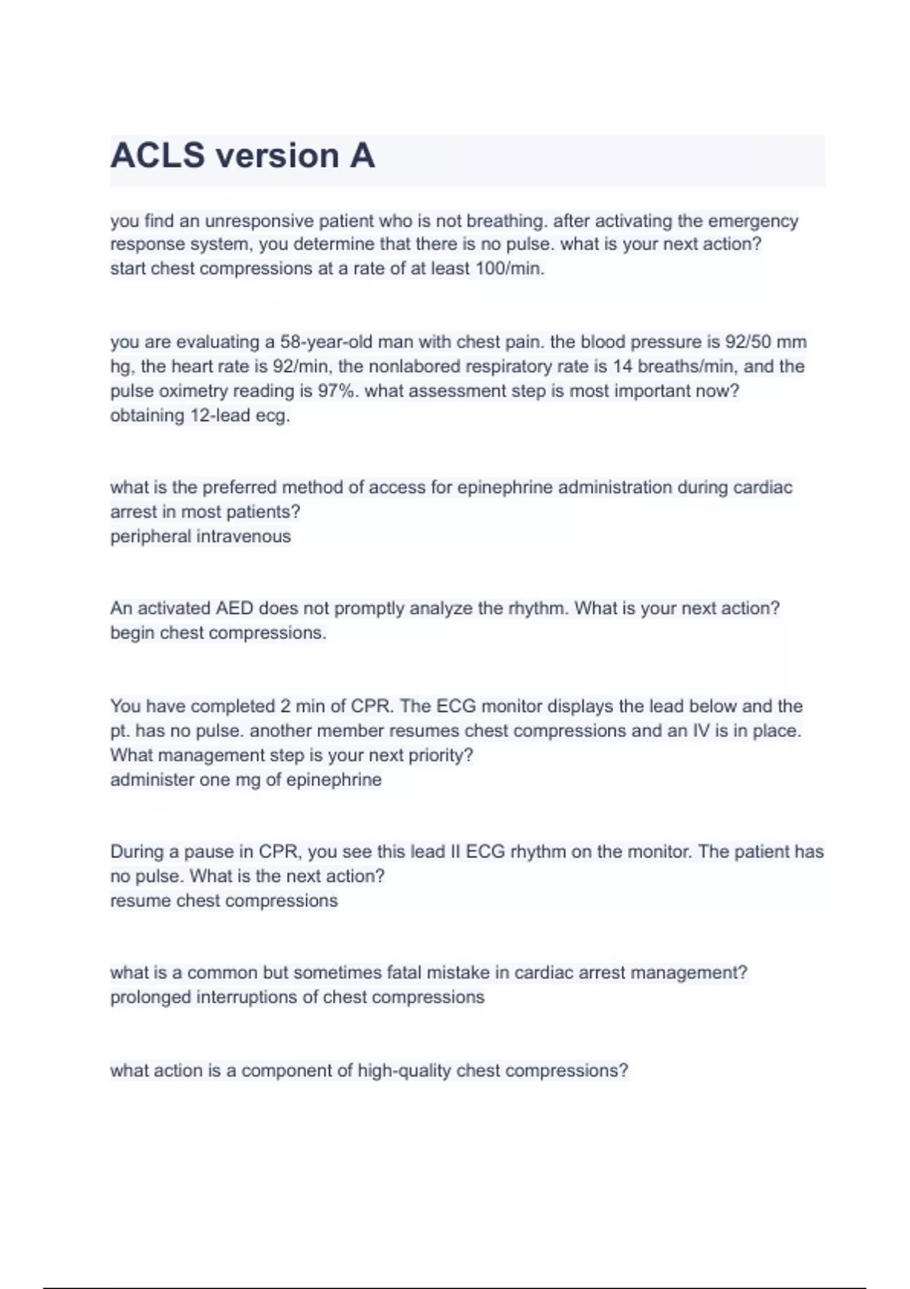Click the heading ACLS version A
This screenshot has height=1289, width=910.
click(x=243, y=156)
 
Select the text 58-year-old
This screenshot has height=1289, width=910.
click(x=326, y=342)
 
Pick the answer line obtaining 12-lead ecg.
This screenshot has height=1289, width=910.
click(x=200, y=416)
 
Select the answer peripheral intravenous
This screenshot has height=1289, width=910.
click(x=200, y=537)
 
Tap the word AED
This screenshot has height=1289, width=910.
click(x=234, y=608)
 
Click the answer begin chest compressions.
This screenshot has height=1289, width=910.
click(x=218, y=633)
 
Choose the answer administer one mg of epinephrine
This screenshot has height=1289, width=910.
click(x=246, y=779)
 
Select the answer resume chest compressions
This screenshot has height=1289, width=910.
click(x=224, y=901)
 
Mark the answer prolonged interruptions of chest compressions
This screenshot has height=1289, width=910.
click(x=297, y=997)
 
